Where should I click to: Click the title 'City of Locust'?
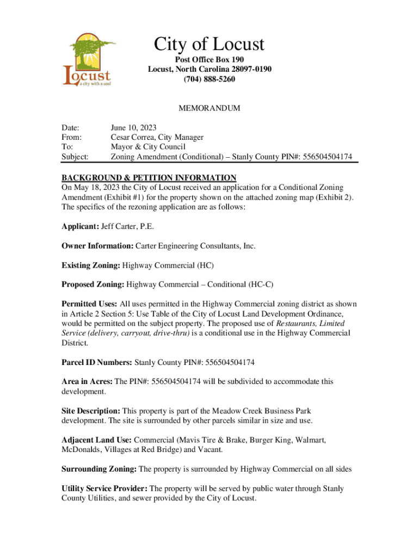[x=209, y=44]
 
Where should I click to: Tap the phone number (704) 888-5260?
[x=209, y=79]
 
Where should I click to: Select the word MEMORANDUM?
[x=209, y=108]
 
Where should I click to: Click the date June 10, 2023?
[x=133, y=128]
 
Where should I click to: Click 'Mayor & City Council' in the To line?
[x=148, y=147]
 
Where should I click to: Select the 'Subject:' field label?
[x=75, y=157]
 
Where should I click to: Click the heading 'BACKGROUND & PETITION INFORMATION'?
[x=149, y=178]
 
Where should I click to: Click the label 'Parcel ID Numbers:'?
[x=97, y=362]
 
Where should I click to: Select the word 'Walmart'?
[x=310, y=440]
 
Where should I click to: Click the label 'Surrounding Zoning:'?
[x=100, y=469]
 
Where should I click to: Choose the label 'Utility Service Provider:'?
[x=104, y=489]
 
